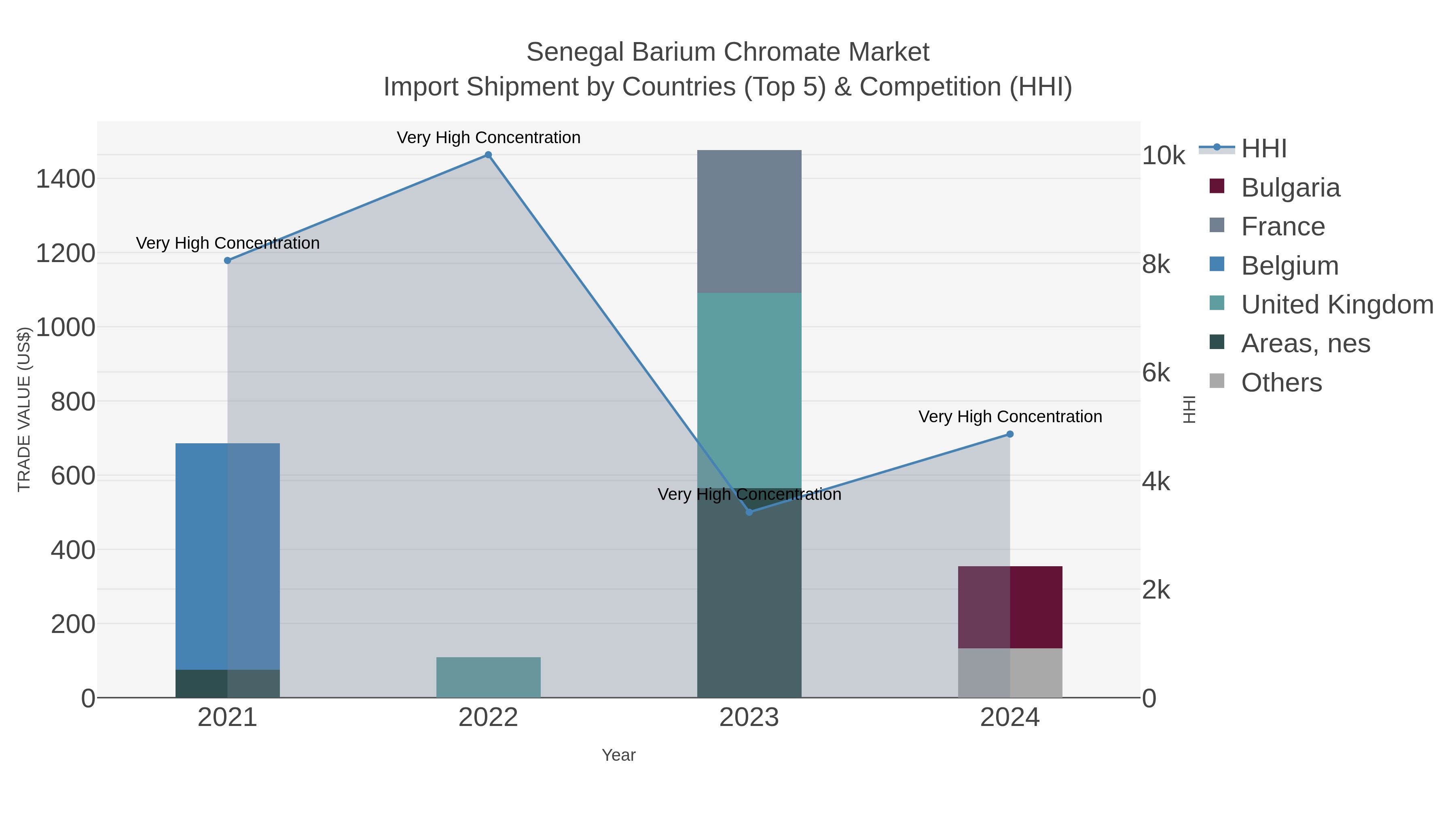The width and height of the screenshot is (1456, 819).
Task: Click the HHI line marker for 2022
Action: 488,155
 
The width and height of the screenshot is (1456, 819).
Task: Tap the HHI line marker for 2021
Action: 227,260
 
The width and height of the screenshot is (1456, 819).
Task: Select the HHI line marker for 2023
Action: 749,512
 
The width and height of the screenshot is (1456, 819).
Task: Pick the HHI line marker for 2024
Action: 1010,434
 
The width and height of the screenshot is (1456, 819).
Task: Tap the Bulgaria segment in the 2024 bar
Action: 1010,607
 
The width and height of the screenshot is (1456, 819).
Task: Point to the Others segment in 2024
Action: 1010,673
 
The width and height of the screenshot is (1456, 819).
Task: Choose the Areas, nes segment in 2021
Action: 227,684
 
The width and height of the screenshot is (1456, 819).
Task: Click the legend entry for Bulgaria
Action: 1290,188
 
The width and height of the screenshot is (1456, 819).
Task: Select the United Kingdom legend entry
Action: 1337,305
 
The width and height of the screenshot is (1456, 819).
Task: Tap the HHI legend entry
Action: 1264,149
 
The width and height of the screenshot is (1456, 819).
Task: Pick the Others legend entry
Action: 1281,383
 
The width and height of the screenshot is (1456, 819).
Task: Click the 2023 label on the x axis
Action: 749,718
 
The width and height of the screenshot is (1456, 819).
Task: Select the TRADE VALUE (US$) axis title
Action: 24,409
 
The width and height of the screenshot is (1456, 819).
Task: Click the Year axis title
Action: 618,755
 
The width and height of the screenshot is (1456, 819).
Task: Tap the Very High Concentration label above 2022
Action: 488,138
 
